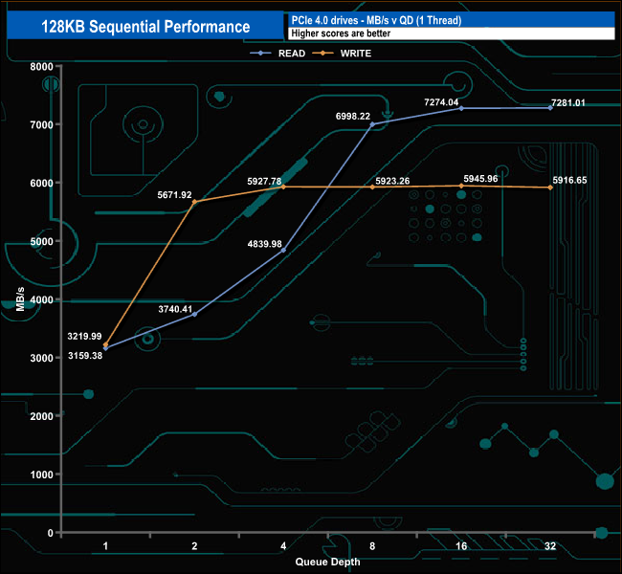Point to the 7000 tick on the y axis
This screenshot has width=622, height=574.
[x=40, y=124]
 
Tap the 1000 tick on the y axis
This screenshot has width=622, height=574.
[x=40, y=475]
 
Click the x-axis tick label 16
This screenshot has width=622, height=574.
[x=461, y=546]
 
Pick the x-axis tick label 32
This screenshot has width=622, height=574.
[x=550, y=546]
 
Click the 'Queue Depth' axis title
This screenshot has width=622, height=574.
[x=328, y=562]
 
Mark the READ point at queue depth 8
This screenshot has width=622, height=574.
[x=372, y=124]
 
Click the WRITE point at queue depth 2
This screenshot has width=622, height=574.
[x=194, y=202]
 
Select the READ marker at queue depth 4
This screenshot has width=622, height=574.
[x=283, y=251]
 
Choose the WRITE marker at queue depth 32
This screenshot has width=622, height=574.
[x=550, y=188]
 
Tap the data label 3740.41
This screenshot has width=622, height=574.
[x=175, y=309]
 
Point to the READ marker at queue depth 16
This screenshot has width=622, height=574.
[x=461, y=108]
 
